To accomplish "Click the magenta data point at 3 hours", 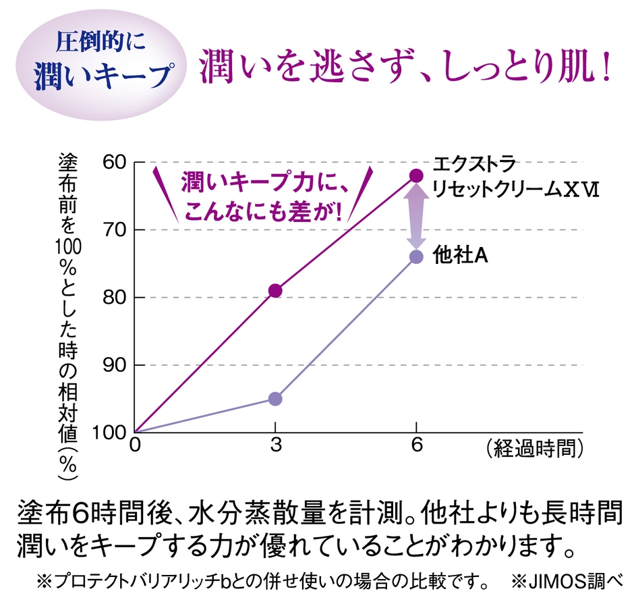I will pos(275,291).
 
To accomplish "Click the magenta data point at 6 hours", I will pos(416,175).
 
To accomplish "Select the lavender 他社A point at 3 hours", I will pos(275,399).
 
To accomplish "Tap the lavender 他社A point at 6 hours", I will pos(416,256).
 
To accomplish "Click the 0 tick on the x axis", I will pos(135,446).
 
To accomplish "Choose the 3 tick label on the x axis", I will pos(275,446).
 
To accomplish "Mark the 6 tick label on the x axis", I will pos(416,446).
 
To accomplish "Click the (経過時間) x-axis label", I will pos(533,447).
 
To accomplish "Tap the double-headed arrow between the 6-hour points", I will pos(416,216).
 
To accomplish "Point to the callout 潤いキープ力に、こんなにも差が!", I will pos(262,196).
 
